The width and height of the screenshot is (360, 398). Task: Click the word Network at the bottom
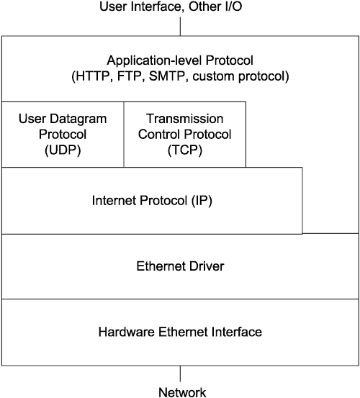[182, 392]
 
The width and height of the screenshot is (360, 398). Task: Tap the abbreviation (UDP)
[63, 150]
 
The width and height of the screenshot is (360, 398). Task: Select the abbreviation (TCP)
[185, 150]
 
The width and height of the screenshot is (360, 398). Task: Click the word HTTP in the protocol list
[91, 76]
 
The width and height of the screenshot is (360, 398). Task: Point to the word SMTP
[167, 76]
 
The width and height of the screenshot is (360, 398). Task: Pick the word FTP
[129, 76]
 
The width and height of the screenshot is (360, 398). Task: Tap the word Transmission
[185, 119]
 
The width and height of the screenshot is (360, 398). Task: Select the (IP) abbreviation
[202, 201]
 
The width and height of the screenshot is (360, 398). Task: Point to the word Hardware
[127, 332]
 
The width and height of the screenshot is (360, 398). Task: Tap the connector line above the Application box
[180, 27]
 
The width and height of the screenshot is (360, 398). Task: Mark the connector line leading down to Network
[180, 374]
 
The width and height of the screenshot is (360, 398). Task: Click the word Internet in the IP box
[114, 201]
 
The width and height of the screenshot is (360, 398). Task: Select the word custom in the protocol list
[214, 77]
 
